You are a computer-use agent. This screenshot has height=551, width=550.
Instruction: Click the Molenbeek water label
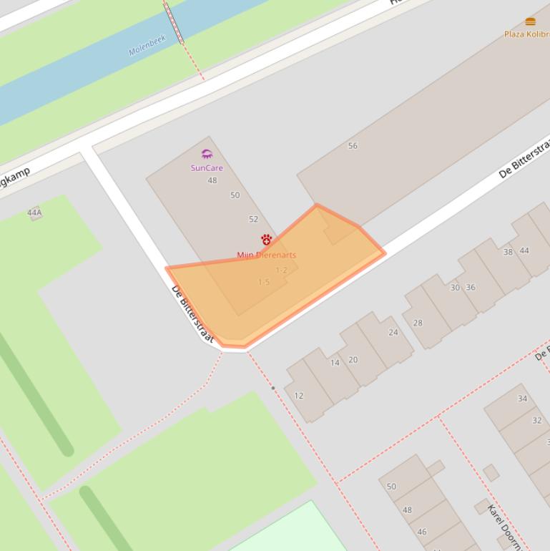click(x=147, y=46)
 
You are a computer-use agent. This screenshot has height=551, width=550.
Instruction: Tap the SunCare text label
click(x=207, y=168)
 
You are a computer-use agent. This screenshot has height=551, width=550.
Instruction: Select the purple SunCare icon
click(x=207, y=154)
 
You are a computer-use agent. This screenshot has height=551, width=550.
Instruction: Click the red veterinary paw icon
click(x=266, y=239)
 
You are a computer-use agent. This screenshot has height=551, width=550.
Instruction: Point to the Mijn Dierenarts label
click(x=266, y=255)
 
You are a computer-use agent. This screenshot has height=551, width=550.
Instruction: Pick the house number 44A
click(x=34, y=213)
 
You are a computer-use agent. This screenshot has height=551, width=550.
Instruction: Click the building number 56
click(x=353, y=146)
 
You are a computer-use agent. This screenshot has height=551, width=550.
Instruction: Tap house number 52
click(x=253, y=220)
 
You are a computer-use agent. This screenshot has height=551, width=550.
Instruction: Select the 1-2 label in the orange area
click(x=282, y=270)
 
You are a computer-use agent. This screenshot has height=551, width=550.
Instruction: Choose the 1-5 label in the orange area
click(x=264, y=282)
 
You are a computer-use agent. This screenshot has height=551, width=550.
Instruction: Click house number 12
click(x=299, y=396)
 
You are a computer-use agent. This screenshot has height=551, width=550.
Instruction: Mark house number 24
click(x=393, y=333)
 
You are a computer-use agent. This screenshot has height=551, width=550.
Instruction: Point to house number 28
click(x=418, y=323)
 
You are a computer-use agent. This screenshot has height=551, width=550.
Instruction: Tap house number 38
click(x=508, y=252)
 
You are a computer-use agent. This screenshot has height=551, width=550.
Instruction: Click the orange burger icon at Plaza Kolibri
click(x=530, y=21)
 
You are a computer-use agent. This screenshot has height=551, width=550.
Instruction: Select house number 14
click(x=335, y=363)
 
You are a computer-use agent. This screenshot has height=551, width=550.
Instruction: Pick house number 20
click(x=353, y=360)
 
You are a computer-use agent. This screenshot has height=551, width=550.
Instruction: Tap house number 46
click(x=422, y=532)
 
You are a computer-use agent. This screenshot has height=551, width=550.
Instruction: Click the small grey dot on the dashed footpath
click(x=272, y=388)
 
